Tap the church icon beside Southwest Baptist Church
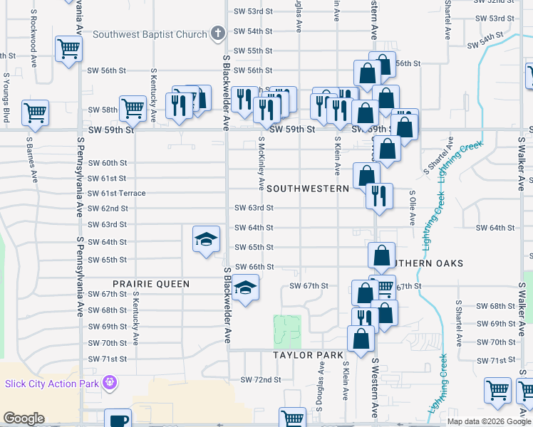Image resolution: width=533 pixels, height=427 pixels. click(x=218, y=33)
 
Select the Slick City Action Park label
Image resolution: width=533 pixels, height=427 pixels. click(x=51, y=384)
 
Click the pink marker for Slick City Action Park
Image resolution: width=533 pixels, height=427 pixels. click(x=109, y=384)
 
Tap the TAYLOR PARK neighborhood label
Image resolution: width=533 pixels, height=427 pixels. click(x=308, y=354)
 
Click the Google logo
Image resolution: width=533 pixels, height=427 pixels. click(x=24, y=418)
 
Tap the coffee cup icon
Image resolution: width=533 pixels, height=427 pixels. click(x=118, y=418)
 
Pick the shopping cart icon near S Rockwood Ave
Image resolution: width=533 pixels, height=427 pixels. click(x=69, y=49)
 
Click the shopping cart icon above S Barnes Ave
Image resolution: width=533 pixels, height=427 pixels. click(x=35, y=112)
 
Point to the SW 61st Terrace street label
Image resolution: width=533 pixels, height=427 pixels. click(x=116, y=194)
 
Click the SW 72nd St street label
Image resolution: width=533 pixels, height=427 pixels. click(x=261, y=380)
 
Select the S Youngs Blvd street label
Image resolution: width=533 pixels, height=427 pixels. click(x=6, y=96)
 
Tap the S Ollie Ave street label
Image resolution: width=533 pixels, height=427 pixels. click(x=412, y=207)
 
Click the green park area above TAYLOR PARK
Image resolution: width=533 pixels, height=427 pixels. click(x=288, y=330)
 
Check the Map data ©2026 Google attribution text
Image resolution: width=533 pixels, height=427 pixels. click(x=489, y=421)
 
